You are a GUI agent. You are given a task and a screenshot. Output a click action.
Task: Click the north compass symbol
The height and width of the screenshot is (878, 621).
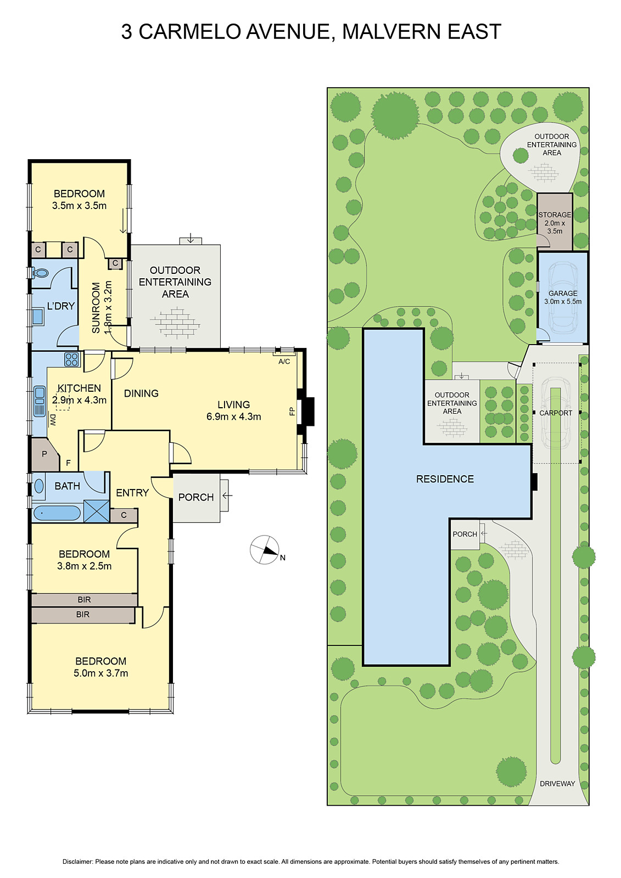click(265, 549)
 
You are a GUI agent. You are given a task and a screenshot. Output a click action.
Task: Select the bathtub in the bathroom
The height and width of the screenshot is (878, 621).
click(57, 513)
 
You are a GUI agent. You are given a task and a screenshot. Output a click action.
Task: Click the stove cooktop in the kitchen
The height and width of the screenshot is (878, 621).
click(72, 359)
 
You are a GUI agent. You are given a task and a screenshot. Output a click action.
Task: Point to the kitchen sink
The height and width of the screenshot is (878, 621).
click(39, 401)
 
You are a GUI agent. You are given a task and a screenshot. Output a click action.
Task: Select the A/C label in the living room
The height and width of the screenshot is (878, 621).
click(284, 362)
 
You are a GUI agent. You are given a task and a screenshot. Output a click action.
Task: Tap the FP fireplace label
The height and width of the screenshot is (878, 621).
click(292, 412)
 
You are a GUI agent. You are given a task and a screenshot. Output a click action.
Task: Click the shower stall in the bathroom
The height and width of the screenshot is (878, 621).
click(97, 511)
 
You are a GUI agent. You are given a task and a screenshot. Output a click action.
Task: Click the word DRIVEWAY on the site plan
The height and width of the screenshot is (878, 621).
click(557, 784)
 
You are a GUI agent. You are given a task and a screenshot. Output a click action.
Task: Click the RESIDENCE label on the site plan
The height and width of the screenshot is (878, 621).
click(445, 479)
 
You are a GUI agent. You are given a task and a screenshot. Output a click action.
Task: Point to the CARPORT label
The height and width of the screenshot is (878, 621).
click(556, 413)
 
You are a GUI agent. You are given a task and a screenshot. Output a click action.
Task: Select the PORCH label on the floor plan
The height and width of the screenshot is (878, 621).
click(196, 497)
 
